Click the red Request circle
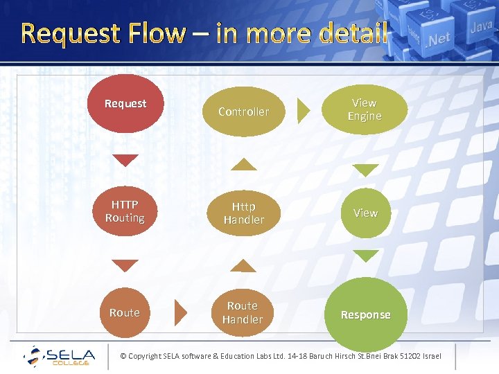pyautogui.click(x=125, y=103)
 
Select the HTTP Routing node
pyautogui.click(x=125, y=211)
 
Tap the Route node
pyautogui.click(x=125, y=312)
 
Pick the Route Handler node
pyautogui.click(x=243, y=312)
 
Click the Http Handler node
pyautogui.click(x=243, y=213)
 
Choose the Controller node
pyautogui.click(x=243, y=111)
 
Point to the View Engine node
pyautogui.click(x=365, y=109)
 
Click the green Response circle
pyautogui.click(x=365, y=314)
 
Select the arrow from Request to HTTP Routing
pyautogui.click(x=125, y=160)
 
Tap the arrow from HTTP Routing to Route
pyautogui.click(x=125, y=265)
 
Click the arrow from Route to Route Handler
pyautogui.click(x=182, y=312)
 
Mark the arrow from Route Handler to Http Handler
pyautogui.click(x=243, y=266)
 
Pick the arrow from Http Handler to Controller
pyautogui.click(x=243, y=164)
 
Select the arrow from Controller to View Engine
pyautogui.click(x=303, y=111)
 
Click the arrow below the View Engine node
pyautogui.click(x=365, y=170)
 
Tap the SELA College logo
pyautogui.click(x=59, y=356)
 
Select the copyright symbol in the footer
pyautogui.click(x=123, y=357)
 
